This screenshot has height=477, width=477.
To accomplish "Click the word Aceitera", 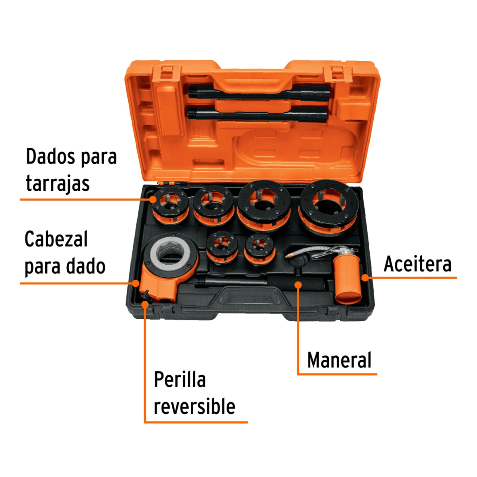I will (x=417, y=264).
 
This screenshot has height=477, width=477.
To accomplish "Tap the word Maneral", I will (x=339, y=360).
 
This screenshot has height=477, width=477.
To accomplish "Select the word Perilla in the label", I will (x=180, y=380).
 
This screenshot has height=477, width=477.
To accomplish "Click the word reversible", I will (x=194, y=406).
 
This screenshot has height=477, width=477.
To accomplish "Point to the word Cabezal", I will (x=56, y=239).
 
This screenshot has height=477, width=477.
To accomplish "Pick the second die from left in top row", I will (x=213, y=204).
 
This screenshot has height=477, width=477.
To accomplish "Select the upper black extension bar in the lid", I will (x=258, y=93).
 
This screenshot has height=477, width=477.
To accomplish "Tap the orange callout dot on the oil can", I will (x=365, y=277).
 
